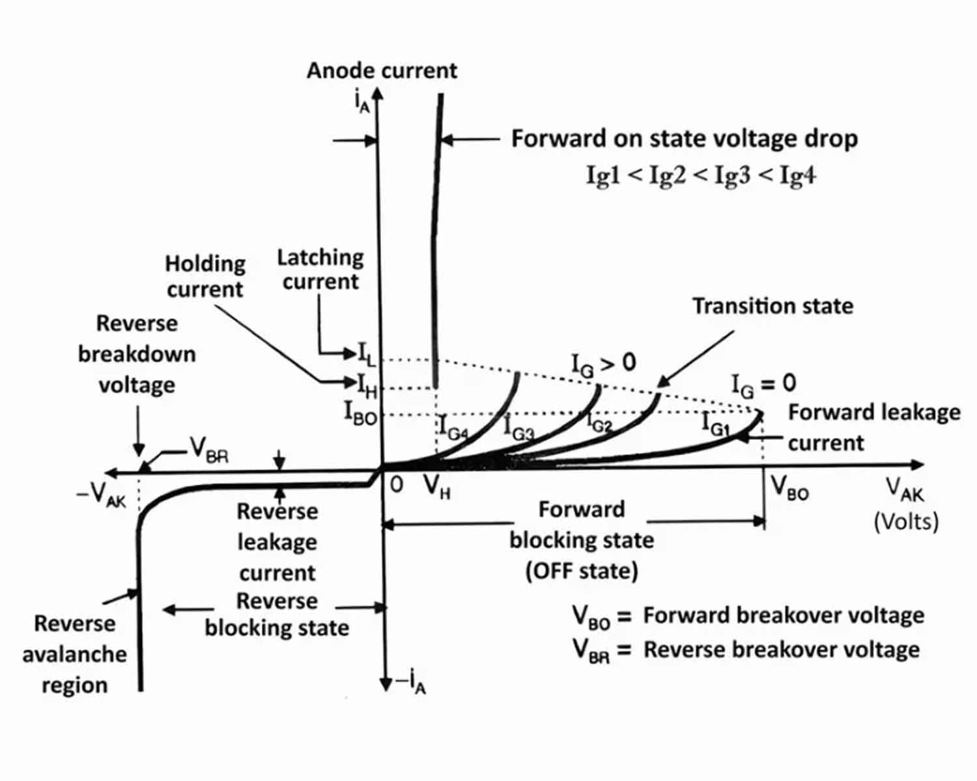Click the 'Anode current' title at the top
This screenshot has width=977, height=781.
pyautogui.click(x=382, y=70)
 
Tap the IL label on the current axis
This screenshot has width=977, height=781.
pyautogui.click(x=367, y=355)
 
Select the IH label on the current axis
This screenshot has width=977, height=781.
pyautogui.click(x=367, y=385)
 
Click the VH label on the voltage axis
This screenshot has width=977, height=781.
pyautogui.click(x=436, y=486)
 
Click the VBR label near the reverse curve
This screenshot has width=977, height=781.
pyautogui.click(x=209, y=449)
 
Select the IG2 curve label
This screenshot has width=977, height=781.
pyautogui.click(x=599, y=424)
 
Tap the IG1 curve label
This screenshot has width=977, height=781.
pyautogui.click(x=715, y=424)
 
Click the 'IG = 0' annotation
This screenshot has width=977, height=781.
pyautogui.click(x=763, y=384)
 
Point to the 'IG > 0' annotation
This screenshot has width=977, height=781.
pyautogui.click(x=603, y=364)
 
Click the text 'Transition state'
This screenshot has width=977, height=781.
pyautogui.click(x=772, y=306)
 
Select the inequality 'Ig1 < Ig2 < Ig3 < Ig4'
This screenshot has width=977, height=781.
pyautogui.click(x=701, y=175)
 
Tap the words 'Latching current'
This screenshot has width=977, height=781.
pyautogui.click(x=320, y=269)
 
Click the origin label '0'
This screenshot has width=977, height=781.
pyautogui.click(x=396, y=485)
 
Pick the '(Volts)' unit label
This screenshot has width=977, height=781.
pyautogui.click(x=906, y=521)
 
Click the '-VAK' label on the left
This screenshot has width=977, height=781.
pyautogui.click(x=102, y=496)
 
